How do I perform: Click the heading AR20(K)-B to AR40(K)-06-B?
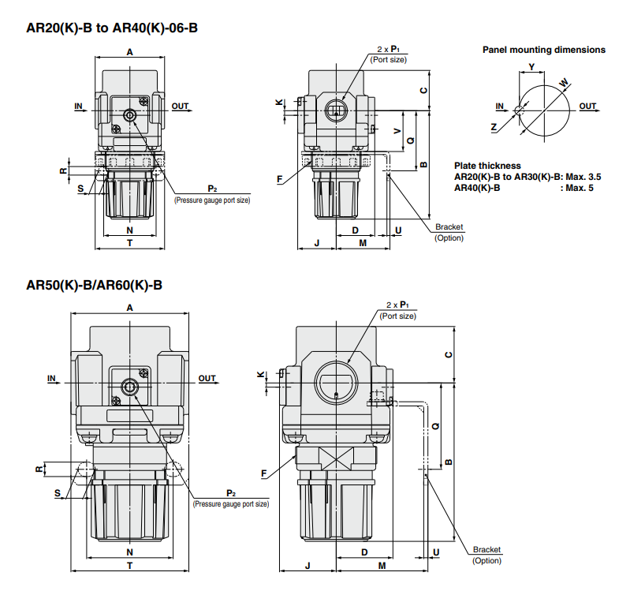tap(112, 28)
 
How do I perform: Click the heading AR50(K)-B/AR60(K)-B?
tap(95, 285)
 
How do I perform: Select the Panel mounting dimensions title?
tap(544, 50)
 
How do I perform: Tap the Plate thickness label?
tap(487, 166)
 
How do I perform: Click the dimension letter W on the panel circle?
tap(563, 82)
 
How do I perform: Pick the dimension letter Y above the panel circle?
tap(531, 66)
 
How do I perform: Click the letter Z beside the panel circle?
tap(494, 126)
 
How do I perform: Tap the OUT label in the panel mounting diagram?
tap(587, 106)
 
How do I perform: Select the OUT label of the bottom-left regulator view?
tap(207, 379)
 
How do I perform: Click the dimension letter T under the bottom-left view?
tap(129, 566)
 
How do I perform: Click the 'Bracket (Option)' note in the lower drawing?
tap(486, 555)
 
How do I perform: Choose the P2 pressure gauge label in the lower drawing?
tap(231, 497)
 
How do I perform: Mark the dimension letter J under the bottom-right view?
tap(308, 566)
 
